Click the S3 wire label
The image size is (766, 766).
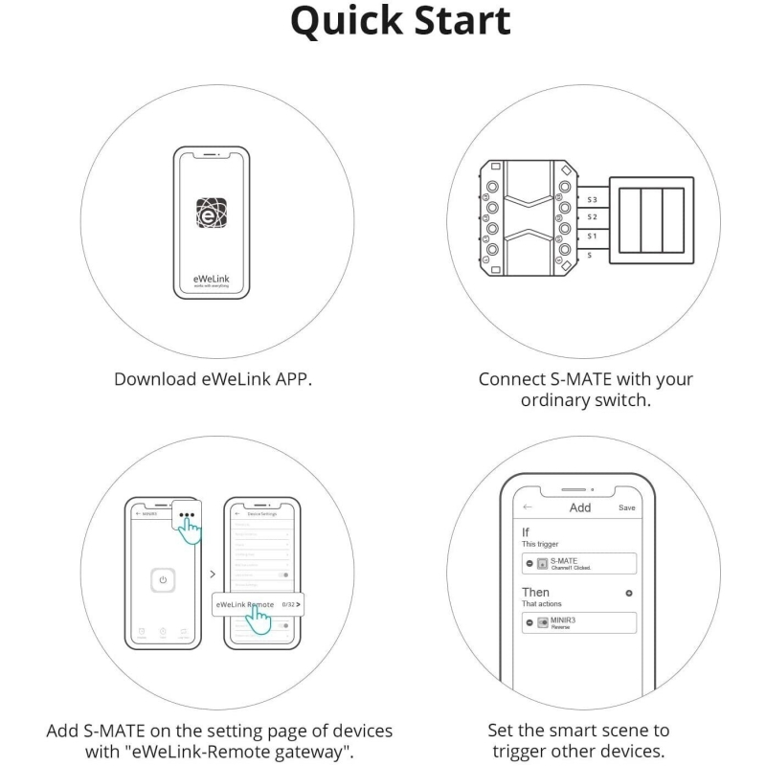(593, 199)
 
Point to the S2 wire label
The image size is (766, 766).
(593, 217)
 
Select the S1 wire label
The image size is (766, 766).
(593, 236)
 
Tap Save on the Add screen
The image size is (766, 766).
(627, 507)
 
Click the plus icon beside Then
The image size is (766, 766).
(629, 594)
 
